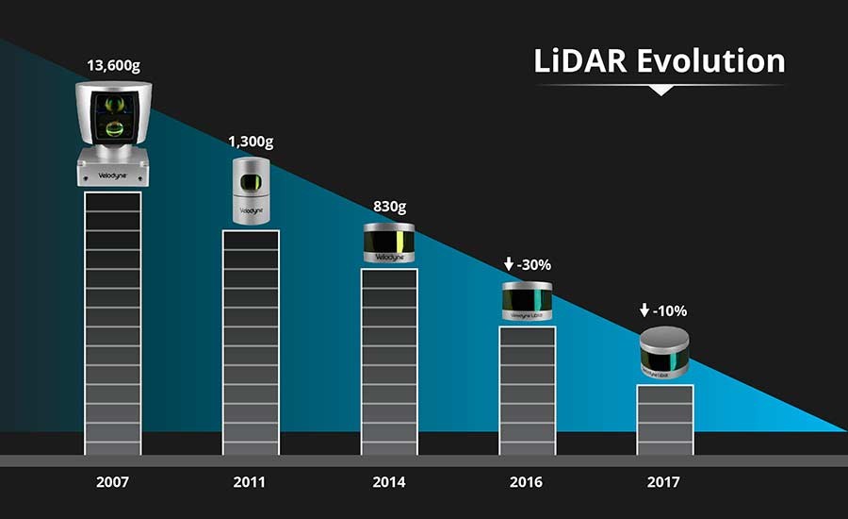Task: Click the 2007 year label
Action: pyautogui.click(x=112, y=482)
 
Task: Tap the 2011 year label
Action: pyautogui.click(x=251, y=482)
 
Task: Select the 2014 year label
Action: pyautogui.click(x=389, y=482)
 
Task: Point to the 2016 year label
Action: pyautogui.click(x=527, y=482)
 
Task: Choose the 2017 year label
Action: pyautogui.click(x=664, y=482)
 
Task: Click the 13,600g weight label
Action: pyautogui.click(x=113, y=68)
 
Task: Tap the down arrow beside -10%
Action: pyautogui.click(x=644, y=310)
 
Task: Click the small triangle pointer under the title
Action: pyautogui.click(x=661, y=91)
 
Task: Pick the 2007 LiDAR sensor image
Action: pyautogui.click(x=113, y=132)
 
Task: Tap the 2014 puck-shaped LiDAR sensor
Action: pyautogui.click(x=389, y=243)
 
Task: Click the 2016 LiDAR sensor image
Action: pyautogui.click(x=527, y=301)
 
